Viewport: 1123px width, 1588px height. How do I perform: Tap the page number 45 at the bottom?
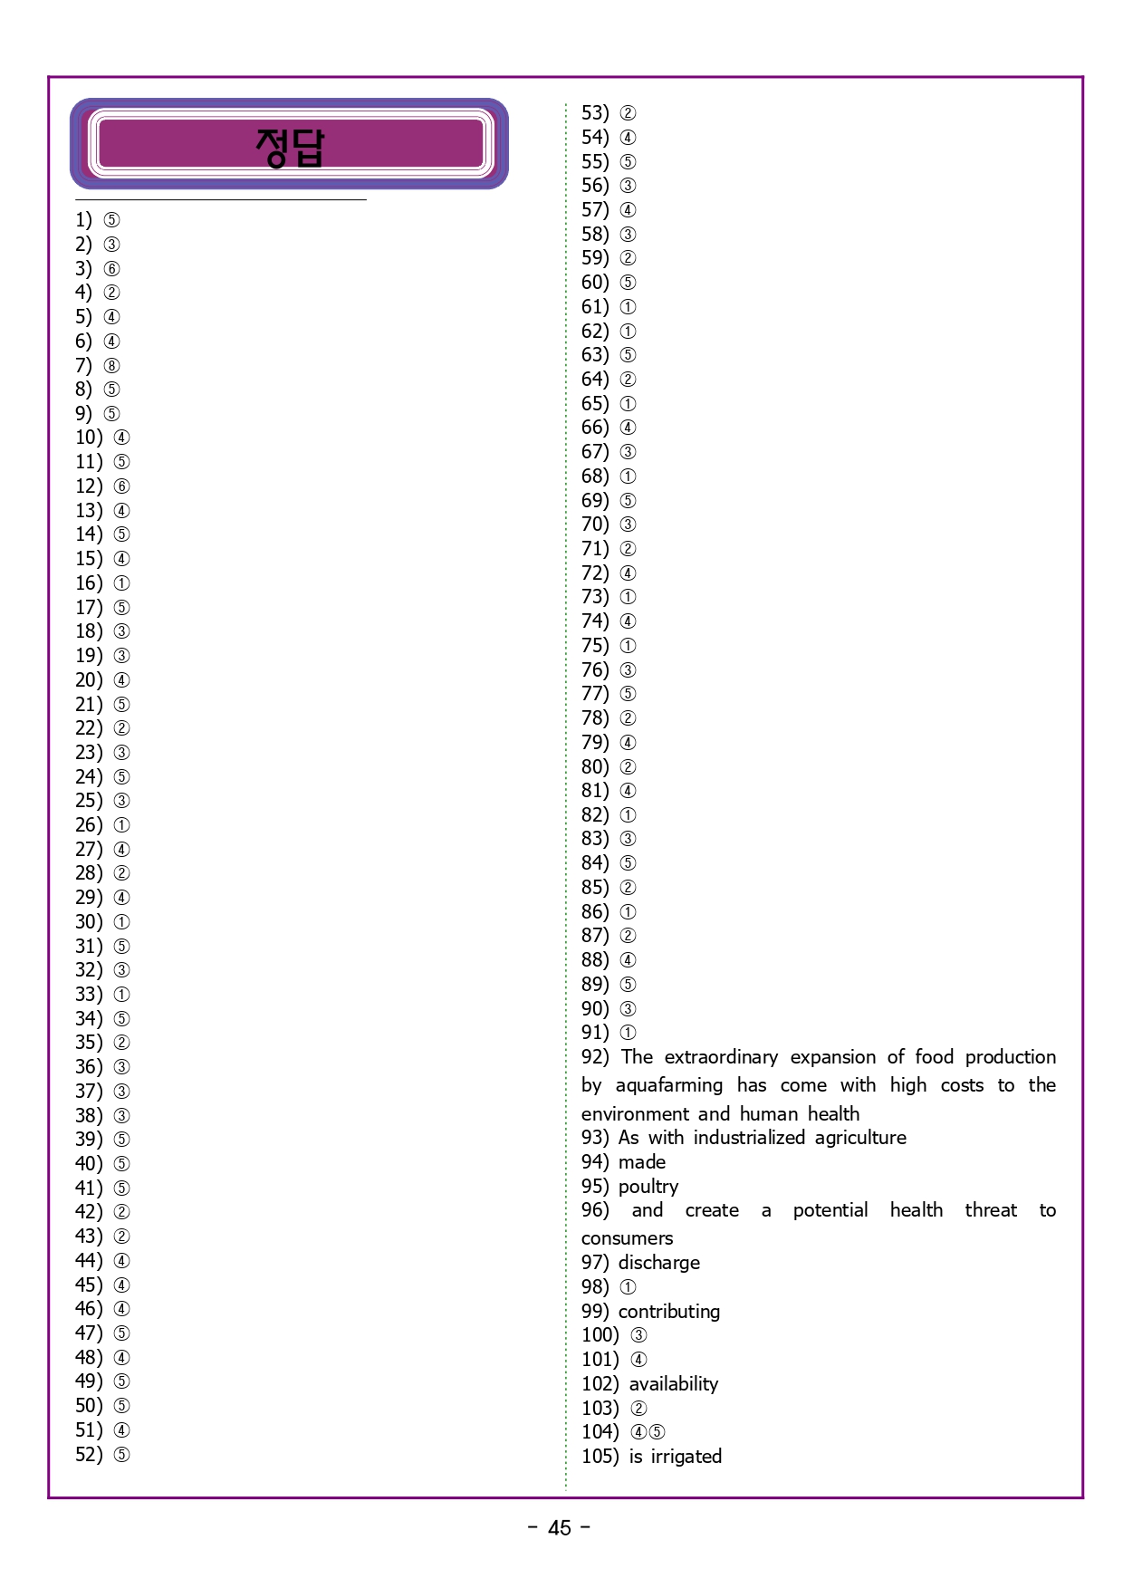tap(560, 1528)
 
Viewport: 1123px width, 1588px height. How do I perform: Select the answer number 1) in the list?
tap(83, 220)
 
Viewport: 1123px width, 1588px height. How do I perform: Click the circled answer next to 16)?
tap(122, 583)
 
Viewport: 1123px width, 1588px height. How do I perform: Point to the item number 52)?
tap(89, 1455)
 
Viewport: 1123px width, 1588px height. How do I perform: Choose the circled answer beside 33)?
tap(122, 995)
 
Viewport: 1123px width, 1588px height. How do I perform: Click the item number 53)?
tap(595, 113)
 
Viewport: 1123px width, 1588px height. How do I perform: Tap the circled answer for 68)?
tap(629, 476)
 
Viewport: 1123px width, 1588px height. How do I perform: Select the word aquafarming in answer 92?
tap(669, 1085)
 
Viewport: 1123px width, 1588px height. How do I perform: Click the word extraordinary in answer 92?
tap(721, 1057)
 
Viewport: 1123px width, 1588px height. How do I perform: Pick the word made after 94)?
tap(642, 1162)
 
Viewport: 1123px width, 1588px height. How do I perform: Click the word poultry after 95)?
tap(648, 1187)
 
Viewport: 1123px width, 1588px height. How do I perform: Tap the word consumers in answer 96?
tap(628, 1238)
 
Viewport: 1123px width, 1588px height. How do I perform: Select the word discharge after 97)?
tap(659, 1263)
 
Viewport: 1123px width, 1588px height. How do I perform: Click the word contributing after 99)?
tap(669, 1312)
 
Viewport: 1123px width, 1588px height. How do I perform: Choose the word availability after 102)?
tap(674, 1384)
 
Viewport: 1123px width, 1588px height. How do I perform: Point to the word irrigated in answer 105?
tap(686, 1457)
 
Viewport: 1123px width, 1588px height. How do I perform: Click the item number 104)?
tap(600, 1432)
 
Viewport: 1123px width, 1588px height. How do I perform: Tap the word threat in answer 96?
tap(991, 1211)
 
